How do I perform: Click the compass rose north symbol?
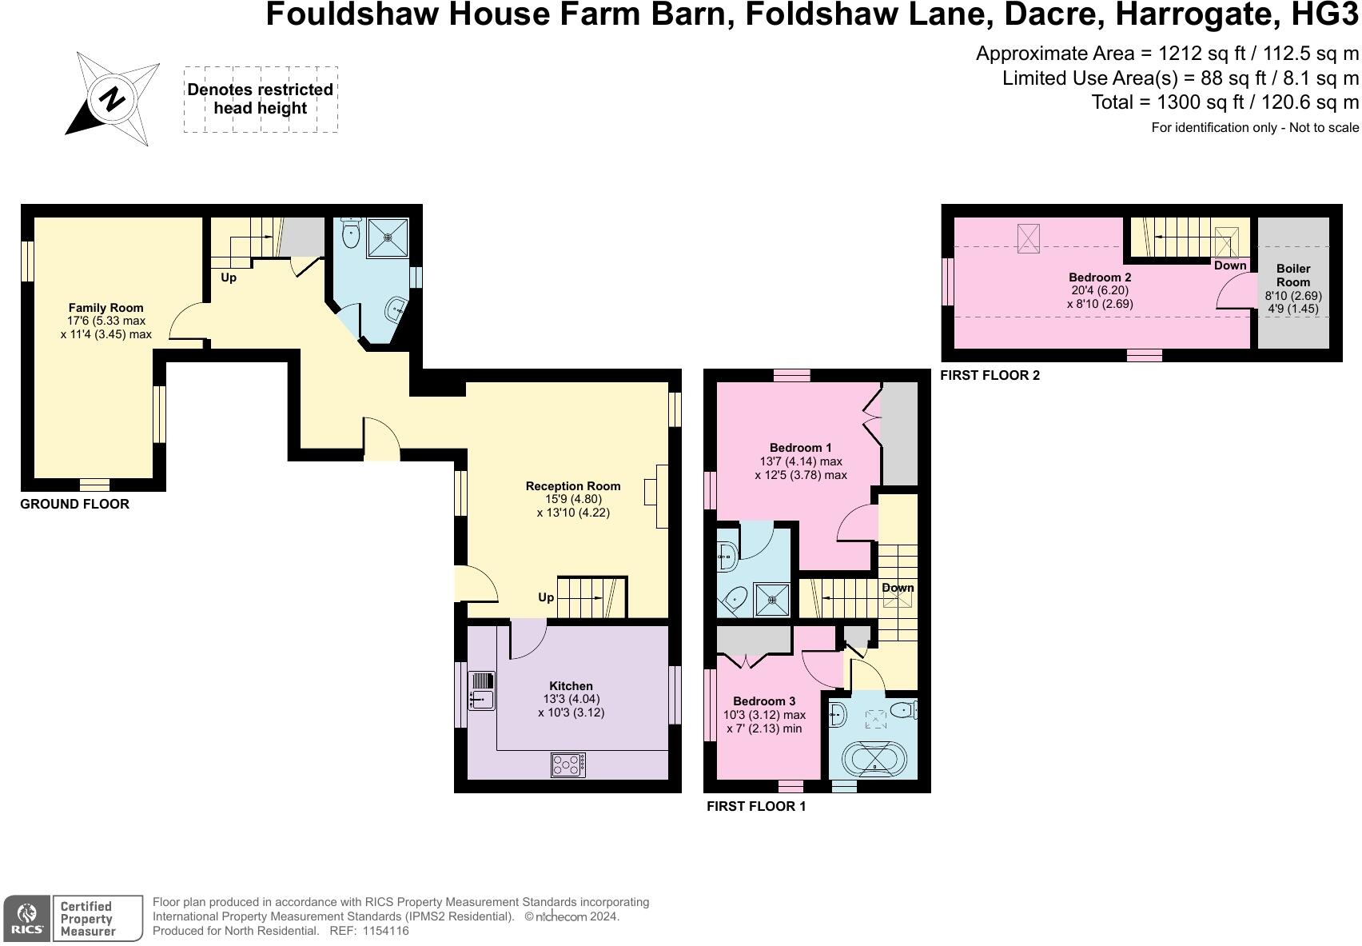tap(112, 99)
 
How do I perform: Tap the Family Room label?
tap(106, 307)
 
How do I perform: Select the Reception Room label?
tap(572, 485)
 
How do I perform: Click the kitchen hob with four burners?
tap(567, 764)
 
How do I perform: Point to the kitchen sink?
tap(481, 691)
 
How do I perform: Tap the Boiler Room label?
tap(1292, 275)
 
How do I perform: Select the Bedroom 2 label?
tap(1099, 277)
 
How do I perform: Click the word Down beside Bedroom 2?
tap(1229, 265)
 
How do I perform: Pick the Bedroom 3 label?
tap(763, 701)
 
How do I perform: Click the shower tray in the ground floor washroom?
tap(388, 237)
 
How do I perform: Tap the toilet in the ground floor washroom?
tap(350, 234)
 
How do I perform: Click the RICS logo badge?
tap(29, 918)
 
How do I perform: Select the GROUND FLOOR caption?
tap(74, 504)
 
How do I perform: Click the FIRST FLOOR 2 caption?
tap(990, 375)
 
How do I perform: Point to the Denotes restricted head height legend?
tap(261, 99)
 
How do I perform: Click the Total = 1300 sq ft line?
tap(1225, 102)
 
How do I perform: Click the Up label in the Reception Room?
tap(545, 597)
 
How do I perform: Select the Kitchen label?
tap(571, 685)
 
